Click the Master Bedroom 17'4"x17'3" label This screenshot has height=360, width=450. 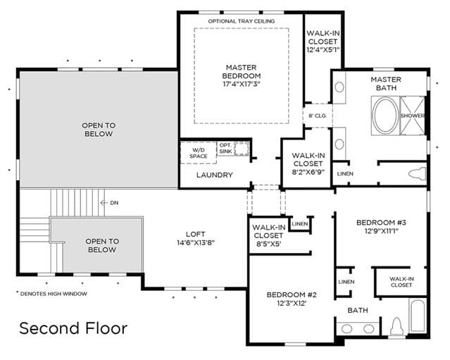[x=242, y=76]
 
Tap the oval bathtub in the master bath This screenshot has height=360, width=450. [x=385, y=116]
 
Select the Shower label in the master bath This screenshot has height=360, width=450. [x=412, y=116]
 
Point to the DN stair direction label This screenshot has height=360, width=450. [x=114, y=203]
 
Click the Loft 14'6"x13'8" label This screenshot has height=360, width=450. [x=196, y=239]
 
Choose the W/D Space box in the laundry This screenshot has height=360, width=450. [x=199, y=153]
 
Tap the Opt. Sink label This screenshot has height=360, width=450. [x=225, y=148]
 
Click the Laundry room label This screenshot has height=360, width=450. [x=215, y=175]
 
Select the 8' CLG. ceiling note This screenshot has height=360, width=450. [x=317, y=116]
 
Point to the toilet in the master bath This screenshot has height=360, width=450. [x=417, y=174]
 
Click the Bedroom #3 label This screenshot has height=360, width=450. [x=382, y=227]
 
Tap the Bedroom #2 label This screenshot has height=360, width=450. [x=292, y=299]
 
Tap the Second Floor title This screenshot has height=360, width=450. [x=73, y=328]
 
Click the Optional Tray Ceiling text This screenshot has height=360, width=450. [x=242, y=21]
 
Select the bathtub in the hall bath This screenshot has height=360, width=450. [x=418, y=316]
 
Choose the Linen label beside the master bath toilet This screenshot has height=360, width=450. [x=345, y=174]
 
